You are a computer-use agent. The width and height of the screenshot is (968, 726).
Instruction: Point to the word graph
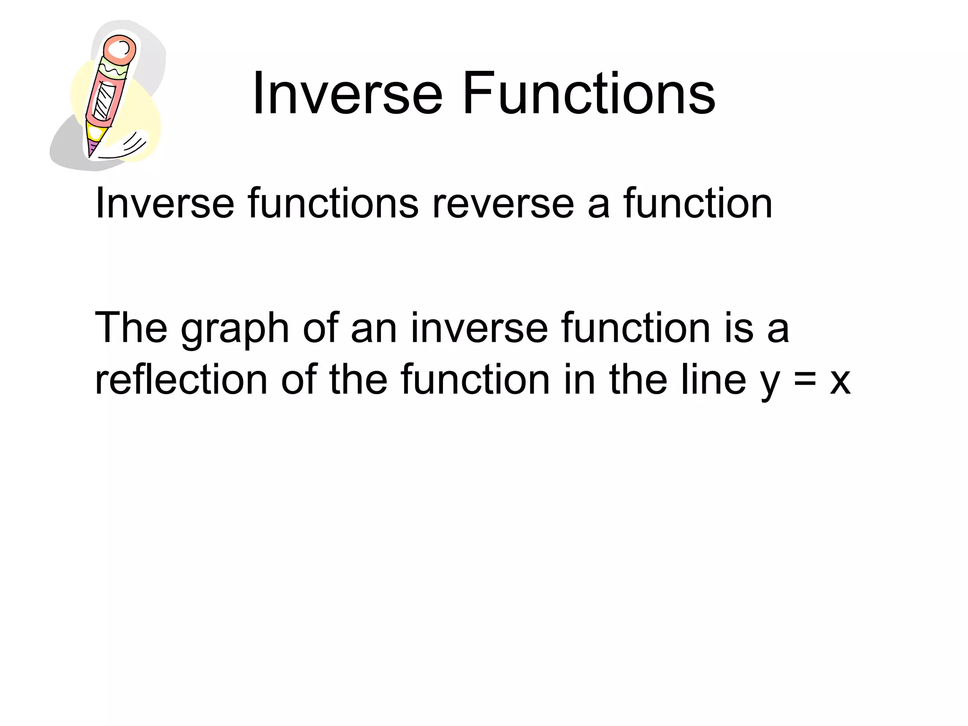[234, 329]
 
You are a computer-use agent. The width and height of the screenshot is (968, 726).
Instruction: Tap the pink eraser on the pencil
[120, 50]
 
